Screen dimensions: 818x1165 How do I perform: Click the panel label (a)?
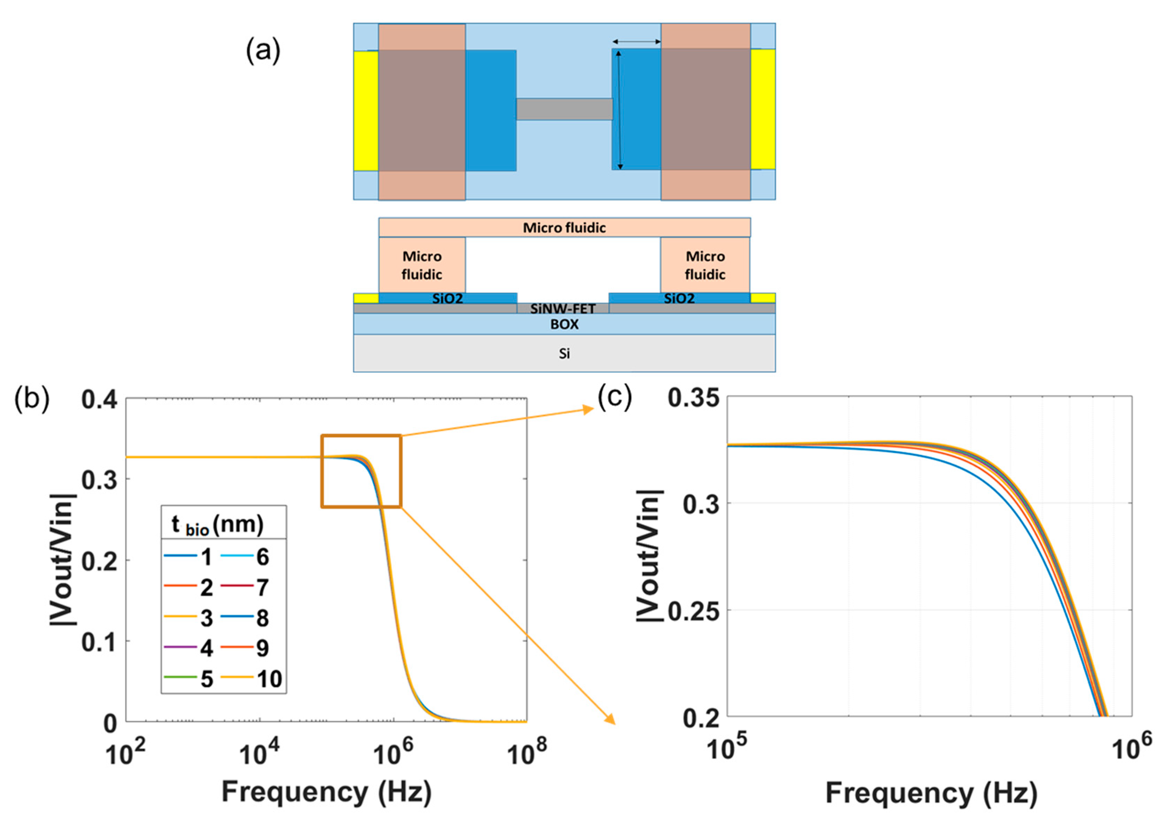coord(263,51)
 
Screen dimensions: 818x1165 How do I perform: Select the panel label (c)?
coord(614,397)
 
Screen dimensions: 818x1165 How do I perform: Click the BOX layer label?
coord(564,324)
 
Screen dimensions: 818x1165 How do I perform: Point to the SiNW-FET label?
coord(563,308)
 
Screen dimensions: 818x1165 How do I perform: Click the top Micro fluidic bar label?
coord(564,228)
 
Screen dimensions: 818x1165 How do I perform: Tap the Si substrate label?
coord(564,354)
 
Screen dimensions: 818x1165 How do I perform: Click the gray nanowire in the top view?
coord(564,109)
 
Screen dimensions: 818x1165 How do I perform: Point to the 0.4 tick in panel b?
coord(99,400)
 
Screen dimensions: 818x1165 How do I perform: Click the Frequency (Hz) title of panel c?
coord(931,793)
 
